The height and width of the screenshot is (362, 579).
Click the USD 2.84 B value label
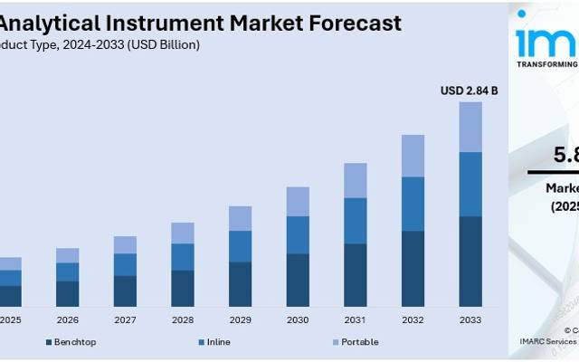[469, 90]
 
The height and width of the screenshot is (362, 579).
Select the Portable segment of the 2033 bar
[470, 127]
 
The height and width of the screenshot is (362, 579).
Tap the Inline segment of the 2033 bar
[470, 184]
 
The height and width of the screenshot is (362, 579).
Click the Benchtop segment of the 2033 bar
[470, 262]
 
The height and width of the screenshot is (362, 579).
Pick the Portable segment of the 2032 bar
[413, 156]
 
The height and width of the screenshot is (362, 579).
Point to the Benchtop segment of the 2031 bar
[356, 275]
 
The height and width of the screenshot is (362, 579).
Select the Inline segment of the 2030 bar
[298, 234]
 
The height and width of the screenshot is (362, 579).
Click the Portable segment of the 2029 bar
[240, 218]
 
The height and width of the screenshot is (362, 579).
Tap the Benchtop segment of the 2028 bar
[183, 288]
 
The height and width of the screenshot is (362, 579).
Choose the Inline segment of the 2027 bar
[125, 264]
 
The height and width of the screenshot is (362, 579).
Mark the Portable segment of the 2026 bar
[68, 255]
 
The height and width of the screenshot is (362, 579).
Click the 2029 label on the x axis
[240, 319]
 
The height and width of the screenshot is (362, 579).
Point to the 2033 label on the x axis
[470, 319]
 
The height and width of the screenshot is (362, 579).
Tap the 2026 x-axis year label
[68, 319]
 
